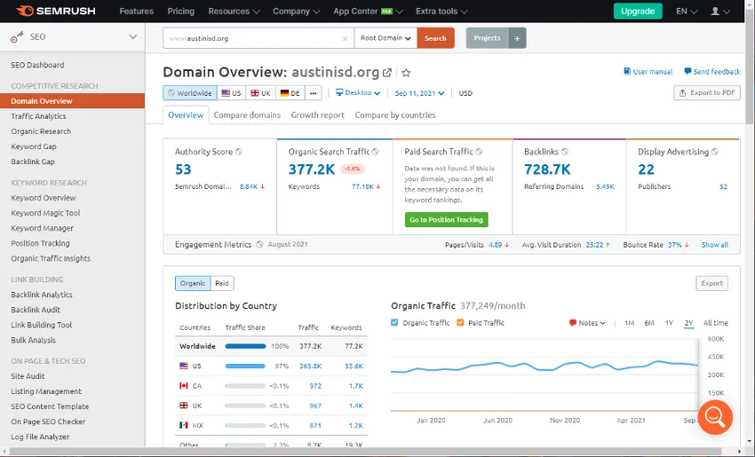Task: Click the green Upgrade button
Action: coord(637,12)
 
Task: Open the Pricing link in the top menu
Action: coord(180,12)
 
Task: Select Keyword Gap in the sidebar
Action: coord(34,146)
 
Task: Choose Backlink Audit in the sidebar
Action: coord(36,310)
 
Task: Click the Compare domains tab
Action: coord(247,114)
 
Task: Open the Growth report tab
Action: coord(317,114)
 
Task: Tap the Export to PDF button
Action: coord(707,93)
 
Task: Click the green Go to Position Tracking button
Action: coord(447,219)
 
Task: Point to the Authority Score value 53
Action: coord(183,169)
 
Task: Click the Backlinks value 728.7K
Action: coord(547,169)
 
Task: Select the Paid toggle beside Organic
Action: coord(222,283)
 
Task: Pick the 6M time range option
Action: coord(649,323)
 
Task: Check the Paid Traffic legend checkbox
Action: coord(461,323)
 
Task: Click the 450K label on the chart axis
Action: coord(716,357)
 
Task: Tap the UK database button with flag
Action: coord(260,93)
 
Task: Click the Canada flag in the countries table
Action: coord(184,386)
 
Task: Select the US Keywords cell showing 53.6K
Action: coord(353,366)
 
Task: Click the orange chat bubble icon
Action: coord(715,416)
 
